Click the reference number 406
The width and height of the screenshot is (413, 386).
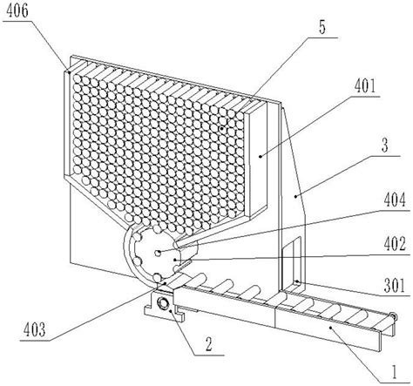[17, 11]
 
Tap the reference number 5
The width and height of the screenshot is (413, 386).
[322, 29]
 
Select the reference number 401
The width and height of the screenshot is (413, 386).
[365, 86]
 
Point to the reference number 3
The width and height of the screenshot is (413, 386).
[385, 146]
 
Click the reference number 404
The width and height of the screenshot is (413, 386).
[395, 200]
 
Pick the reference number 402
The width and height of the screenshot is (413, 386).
[395, 245]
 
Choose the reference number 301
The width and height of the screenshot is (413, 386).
[395, 286]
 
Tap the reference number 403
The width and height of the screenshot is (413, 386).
[35, 330]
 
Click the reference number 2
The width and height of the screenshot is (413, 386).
[209, 345]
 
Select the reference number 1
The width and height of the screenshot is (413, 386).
[394, 373]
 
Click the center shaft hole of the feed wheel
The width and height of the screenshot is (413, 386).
[158, 253]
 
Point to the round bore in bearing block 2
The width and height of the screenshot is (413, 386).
[163, 303]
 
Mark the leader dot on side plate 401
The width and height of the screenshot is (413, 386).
[261, 157]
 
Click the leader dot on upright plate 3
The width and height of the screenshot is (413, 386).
[295, 196]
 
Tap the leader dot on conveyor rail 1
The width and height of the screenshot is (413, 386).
[330, 328]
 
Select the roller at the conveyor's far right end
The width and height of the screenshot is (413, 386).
[394, 316]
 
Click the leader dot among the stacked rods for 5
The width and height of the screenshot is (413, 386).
[222, 128]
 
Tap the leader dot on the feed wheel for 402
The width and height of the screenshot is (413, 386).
[175, 260]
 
